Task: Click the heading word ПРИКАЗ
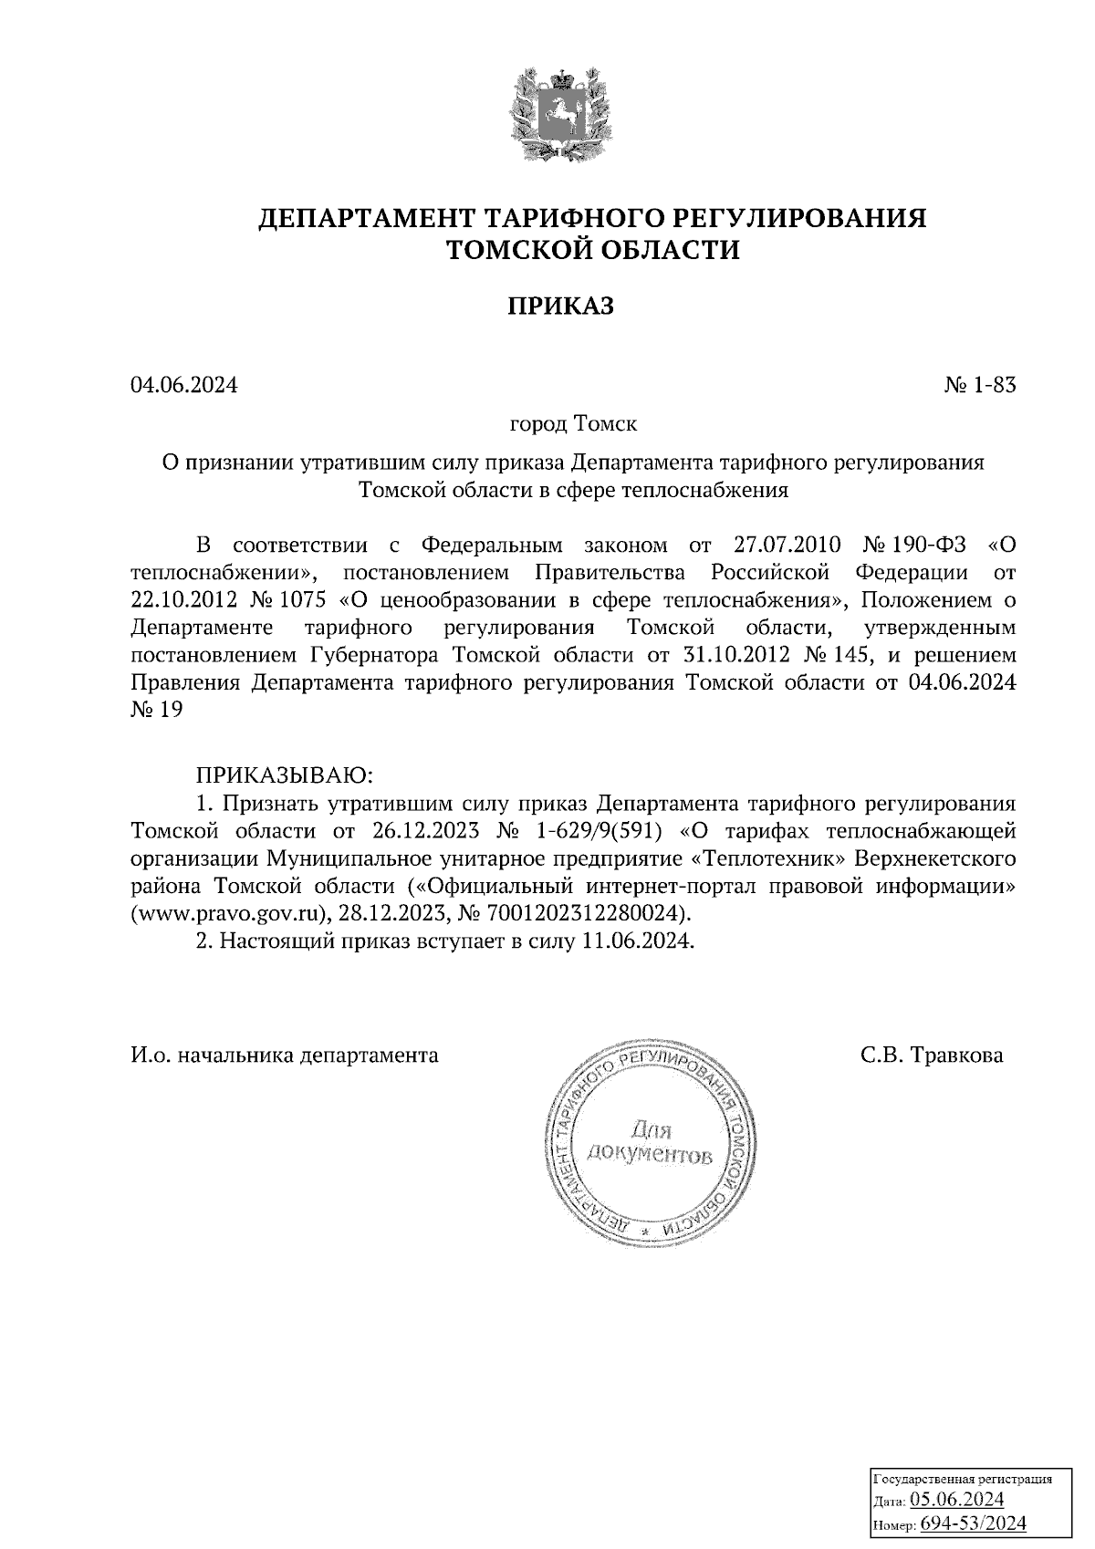[560, 307]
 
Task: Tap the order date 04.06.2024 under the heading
[183, 386]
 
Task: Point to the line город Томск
[573, 425]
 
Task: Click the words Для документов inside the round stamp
[649, 1144]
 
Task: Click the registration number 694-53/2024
[973, 1523]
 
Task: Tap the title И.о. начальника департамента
[285, 1056]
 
